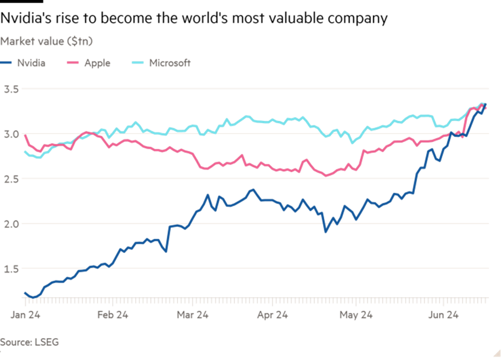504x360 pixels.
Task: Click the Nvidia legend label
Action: (31, 63)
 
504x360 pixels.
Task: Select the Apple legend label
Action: (97, 63)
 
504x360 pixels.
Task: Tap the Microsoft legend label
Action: (170, 63)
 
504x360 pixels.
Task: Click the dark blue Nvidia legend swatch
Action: (6, 63)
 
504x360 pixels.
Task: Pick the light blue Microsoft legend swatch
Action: (138, 63)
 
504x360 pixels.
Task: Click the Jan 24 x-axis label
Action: (25, 315)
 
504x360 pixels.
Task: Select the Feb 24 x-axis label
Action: (113, 315)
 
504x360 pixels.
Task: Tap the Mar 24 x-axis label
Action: (192, 315)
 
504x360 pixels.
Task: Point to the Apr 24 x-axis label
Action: (272, 315)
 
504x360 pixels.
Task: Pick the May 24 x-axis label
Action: (356, 315)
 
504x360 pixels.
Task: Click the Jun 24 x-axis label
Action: (443, 315)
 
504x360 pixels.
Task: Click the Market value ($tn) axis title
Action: (48, 41)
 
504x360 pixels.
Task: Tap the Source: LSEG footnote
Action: (29, 342)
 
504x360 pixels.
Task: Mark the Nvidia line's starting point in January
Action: (25, 293)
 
